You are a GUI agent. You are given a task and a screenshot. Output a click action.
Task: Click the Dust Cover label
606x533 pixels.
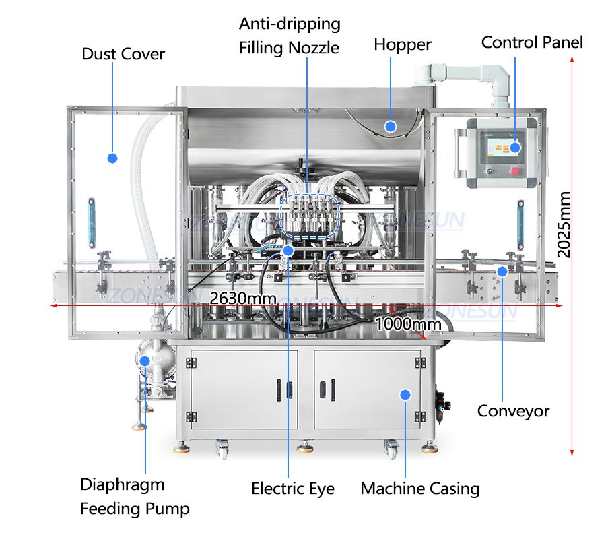(x=123, y=54)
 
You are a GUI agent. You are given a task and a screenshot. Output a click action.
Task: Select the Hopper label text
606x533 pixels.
(x=403, y=45)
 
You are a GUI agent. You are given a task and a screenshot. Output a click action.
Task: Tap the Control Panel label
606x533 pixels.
(x=532, y=42)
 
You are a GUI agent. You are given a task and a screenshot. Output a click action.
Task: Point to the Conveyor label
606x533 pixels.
(x=513, y=410)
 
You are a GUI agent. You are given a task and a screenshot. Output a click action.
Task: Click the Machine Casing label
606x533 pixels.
(x=420, y=489)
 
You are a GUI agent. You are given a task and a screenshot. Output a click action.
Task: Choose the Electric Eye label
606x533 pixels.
(x=293, y=489)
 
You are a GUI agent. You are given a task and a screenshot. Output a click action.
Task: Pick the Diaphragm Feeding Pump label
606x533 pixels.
(x=135, y=496)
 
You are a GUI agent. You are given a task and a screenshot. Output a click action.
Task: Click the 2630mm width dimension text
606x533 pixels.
(x=237, y=297)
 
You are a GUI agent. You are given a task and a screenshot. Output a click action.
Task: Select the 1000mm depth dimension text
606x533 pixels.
(x=408, y=323)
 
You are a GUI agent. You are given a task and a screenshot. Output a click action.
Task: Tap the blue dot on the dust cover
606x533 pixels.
(x=112, y=158)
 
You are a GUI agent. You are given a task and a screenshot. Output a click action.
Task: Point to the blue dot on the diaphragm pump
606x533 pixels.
(x=145, y=360)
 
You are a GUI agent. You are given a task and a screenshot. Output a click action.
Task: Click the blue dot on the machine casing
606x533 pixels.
(x=405, y=394)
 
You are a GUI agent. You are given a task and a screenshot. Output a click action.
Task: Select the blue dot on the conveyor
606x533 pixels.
(x=502, y=270)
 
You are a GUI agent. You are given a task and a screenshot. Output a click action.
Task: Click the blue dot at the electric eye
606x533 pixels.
(x=288, y=251)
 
